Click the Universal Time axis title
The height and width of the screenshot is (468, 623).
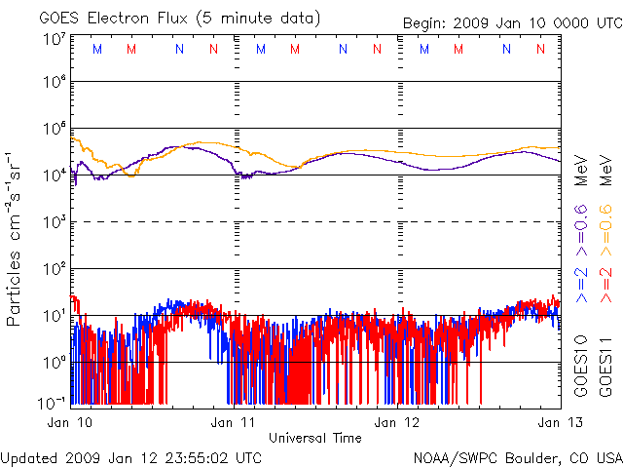click(314, 438)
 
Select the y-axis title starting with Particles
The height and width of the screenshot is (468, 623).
click(17, 238)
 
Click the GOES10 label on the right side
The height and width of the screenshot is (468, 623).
click(581, 364)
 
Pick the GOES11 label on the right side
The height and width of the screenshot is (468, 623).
click(605, 364)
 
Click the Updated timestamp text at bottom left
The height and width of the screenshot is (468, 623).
click(130, 456)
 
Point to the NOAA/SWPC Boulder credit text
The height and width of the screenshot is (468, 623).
click(517, 456)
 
